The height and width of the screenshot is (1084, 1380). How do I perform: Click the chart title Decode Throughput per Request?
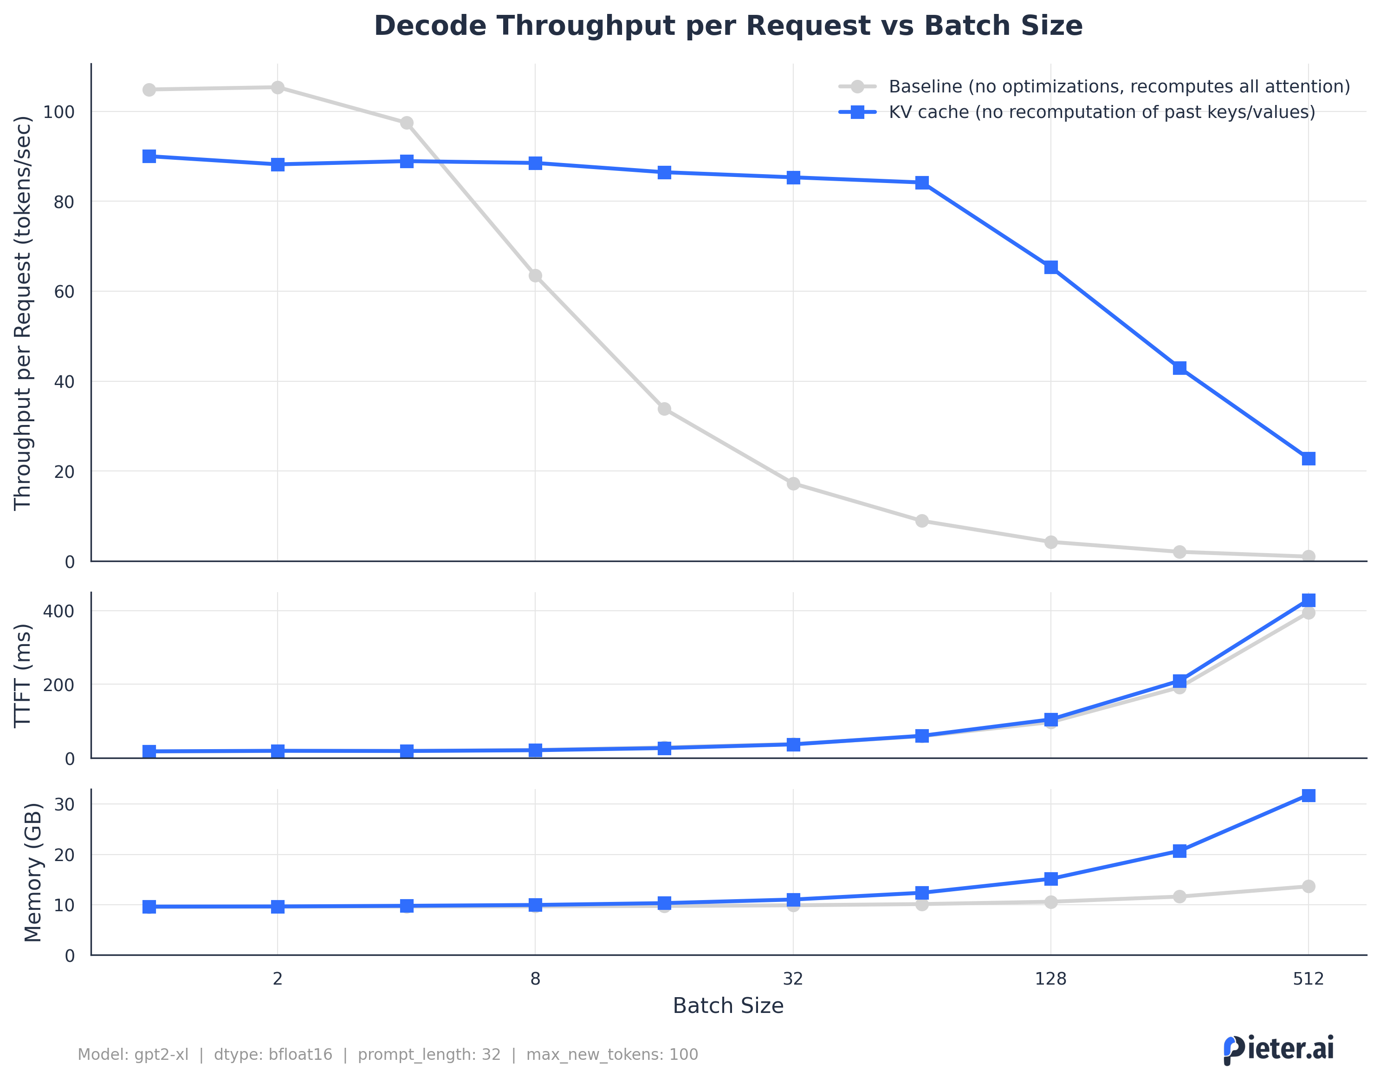pos(727,26)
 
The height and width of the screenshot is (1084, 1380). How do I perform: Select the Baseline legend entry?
pos(1118,86)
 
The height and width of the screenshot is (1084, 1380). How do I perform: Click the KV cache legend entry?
pos(1101,112)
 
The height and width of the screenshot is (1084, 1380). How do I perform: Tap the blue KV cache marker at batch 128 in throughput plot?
pos(1050,267)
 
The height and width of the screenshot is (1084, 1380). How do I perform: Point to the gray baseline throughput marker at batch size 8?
pos(535,275)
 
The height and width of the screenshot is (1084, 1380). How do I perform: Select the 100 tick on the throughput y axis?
pos(58,112)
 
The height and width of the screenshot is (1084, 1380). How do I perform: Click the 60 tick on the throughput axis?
pos(64,292)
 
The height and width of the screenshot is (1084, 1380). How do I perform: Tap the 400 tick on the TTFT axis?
pos(59,611)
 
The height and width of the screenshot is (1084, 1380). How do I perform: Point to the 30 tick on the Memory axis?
pos(64,804)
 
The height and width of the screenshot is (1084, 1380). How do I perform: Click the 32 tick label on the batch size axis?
pos(793,979)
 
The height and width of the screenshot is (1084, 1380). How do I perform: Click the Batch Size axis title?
pos(727,1006)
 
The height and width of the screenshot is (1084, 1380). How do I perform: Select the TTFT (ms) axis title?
pos(22,675)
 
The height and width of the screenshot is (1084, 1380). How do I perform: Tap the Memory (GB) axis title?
pos(32,872)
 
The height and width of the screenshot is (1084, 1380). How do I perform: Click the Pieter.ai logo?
pos(1278,1049)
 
